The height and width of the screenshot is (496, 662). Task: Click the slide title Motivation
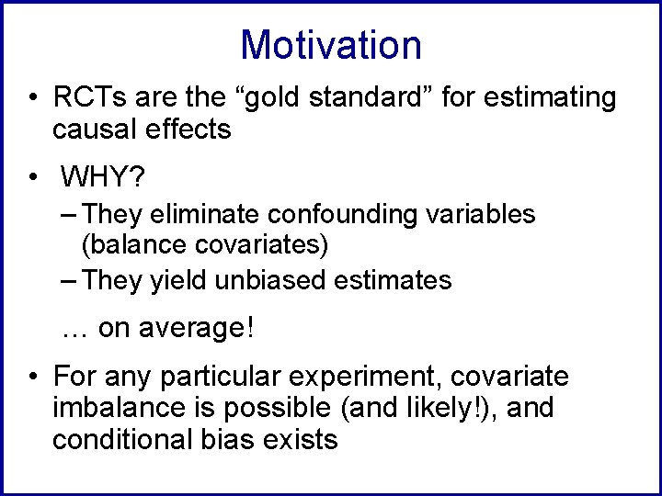click(x=330, y=45)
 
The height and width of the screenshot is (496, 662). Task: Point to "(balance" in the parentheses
click(x=129, y=246)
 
